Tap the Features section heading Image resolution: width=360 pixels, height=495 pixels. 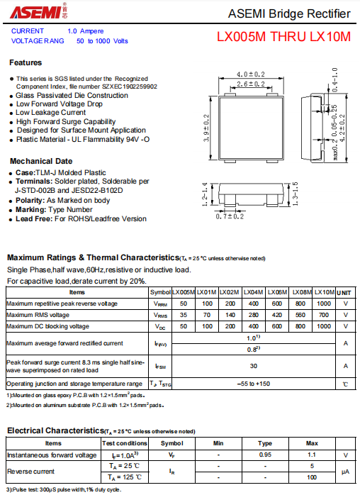[x=26, y=62]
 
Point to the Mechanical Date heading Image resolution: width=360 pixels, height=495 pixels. [x=41, y=161]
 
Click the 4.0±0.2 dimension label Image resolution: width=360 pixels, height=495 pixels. [x=250, y=74]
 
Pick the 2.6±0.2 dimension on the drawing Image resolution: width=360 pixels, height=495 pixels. [x=250, y=84]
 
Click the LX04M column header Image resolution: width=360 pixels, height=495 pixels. [x=253, y=292]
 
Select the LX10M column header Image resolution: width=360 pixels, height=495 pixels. [x=324, y=292]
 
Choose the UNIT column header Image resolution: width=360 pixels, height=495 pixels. [x=345, y=292]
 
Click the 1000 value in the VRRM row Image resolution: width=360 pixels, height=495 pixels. [x=324, y=304]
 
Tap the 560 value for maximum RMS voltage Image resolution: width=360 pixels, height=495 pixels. [x=301, y=315]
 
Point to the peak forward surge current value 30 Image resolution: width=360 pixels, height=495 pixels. [x=253, y=366]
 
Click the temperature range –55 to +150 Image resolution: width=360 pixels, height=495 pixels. [x=253, y=383]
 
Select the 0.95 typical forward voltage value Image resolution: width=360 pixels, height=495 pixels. [x=265, y=455]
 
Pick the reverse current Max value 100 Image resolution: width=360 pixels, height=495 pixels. [x=312, y=477]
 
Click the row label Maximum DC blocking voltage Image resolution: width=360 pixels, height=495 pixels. [x=48, y=326]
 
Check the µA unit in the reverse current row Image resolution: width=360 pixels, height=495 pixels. [x=345, y=472]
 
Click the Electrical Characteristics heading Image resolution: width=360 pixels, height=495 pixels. [x=55, y=430]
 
